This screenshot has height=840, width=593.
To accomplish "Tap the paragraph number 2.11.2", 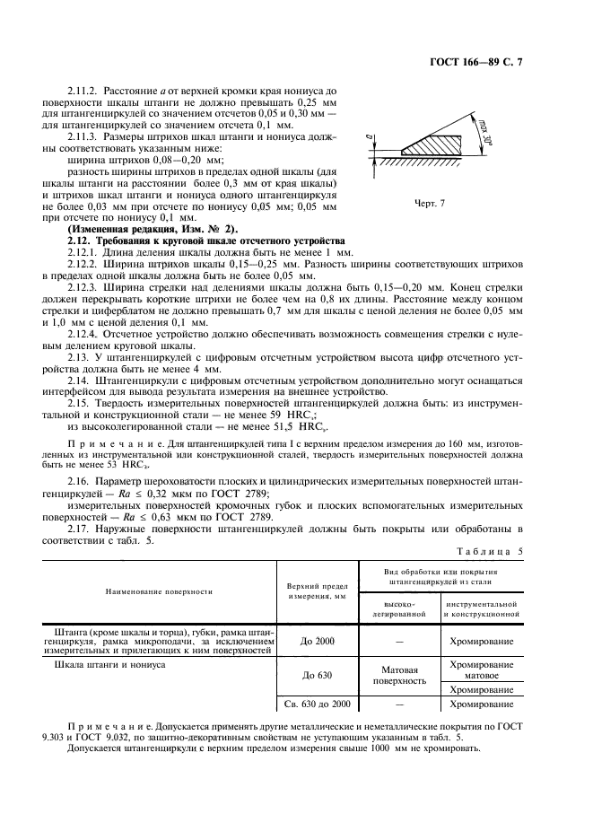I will tap(86, 91).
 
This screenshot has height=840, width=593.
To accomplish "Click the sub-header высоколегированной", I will tap(397, 609).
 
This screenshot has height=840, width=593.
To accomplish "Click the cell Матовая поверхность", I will tap(397, 675).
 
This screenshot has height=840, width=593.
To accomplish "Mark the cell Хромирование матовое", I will tap(481, 669).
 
